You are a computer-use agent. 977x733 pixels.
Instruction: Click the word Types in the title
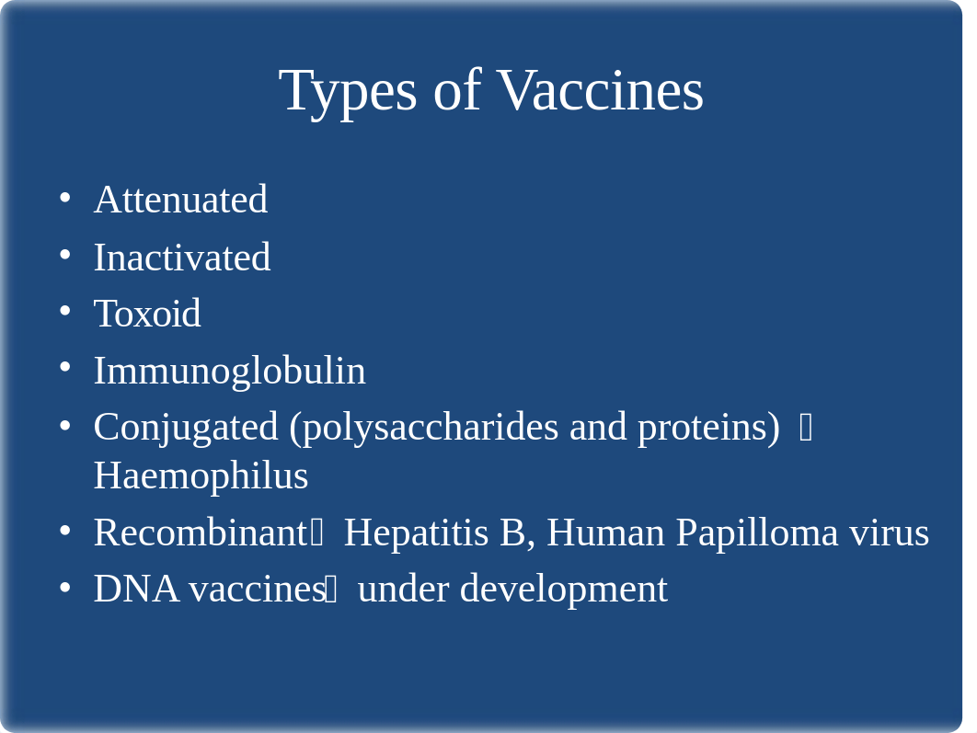click(x=348, y=92)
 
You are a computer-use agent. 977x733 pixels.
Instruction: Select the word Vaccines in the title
click(x=602, y=90)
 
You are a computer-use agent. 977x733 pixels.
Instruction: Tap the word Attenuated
click(x=180, y=200)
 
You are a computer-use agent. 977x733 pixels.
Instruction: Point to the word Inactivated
click(x=182, y=257)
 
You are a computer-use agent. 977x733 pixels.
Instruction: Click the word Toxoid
click(x=147, y=313)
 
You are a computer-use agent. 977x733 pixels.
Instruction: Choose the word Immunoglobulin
click(x=229, y=371)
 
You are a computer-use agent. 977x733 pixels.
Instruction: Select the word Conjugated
click(x=186, y=428)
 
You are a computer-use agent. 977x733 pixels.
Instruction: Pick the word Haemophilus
click(x=201, y=476)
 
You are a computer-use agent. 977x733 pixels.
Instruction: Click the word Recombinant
click(x=200, y=533)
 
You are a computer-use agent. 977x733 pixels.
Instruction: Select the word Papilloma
click(x=757, y=533)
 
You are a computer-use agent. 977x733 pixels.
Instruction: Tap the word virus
click(x=890, y=533)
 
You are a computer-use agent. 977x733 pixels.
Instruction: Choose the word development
click(x=563, y=590)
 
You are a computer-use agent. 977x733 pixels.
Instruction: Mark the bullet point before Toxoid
click(x=65, y=311)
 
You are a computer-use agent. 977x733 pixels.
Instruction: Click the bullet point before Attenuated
click(x=65, y=198)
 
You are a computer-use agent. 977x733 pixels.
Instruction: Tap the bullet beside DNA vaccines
click(x=65, y=587)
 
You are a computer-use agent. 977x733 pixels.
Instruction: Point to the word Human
click(x=605, y=533)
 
